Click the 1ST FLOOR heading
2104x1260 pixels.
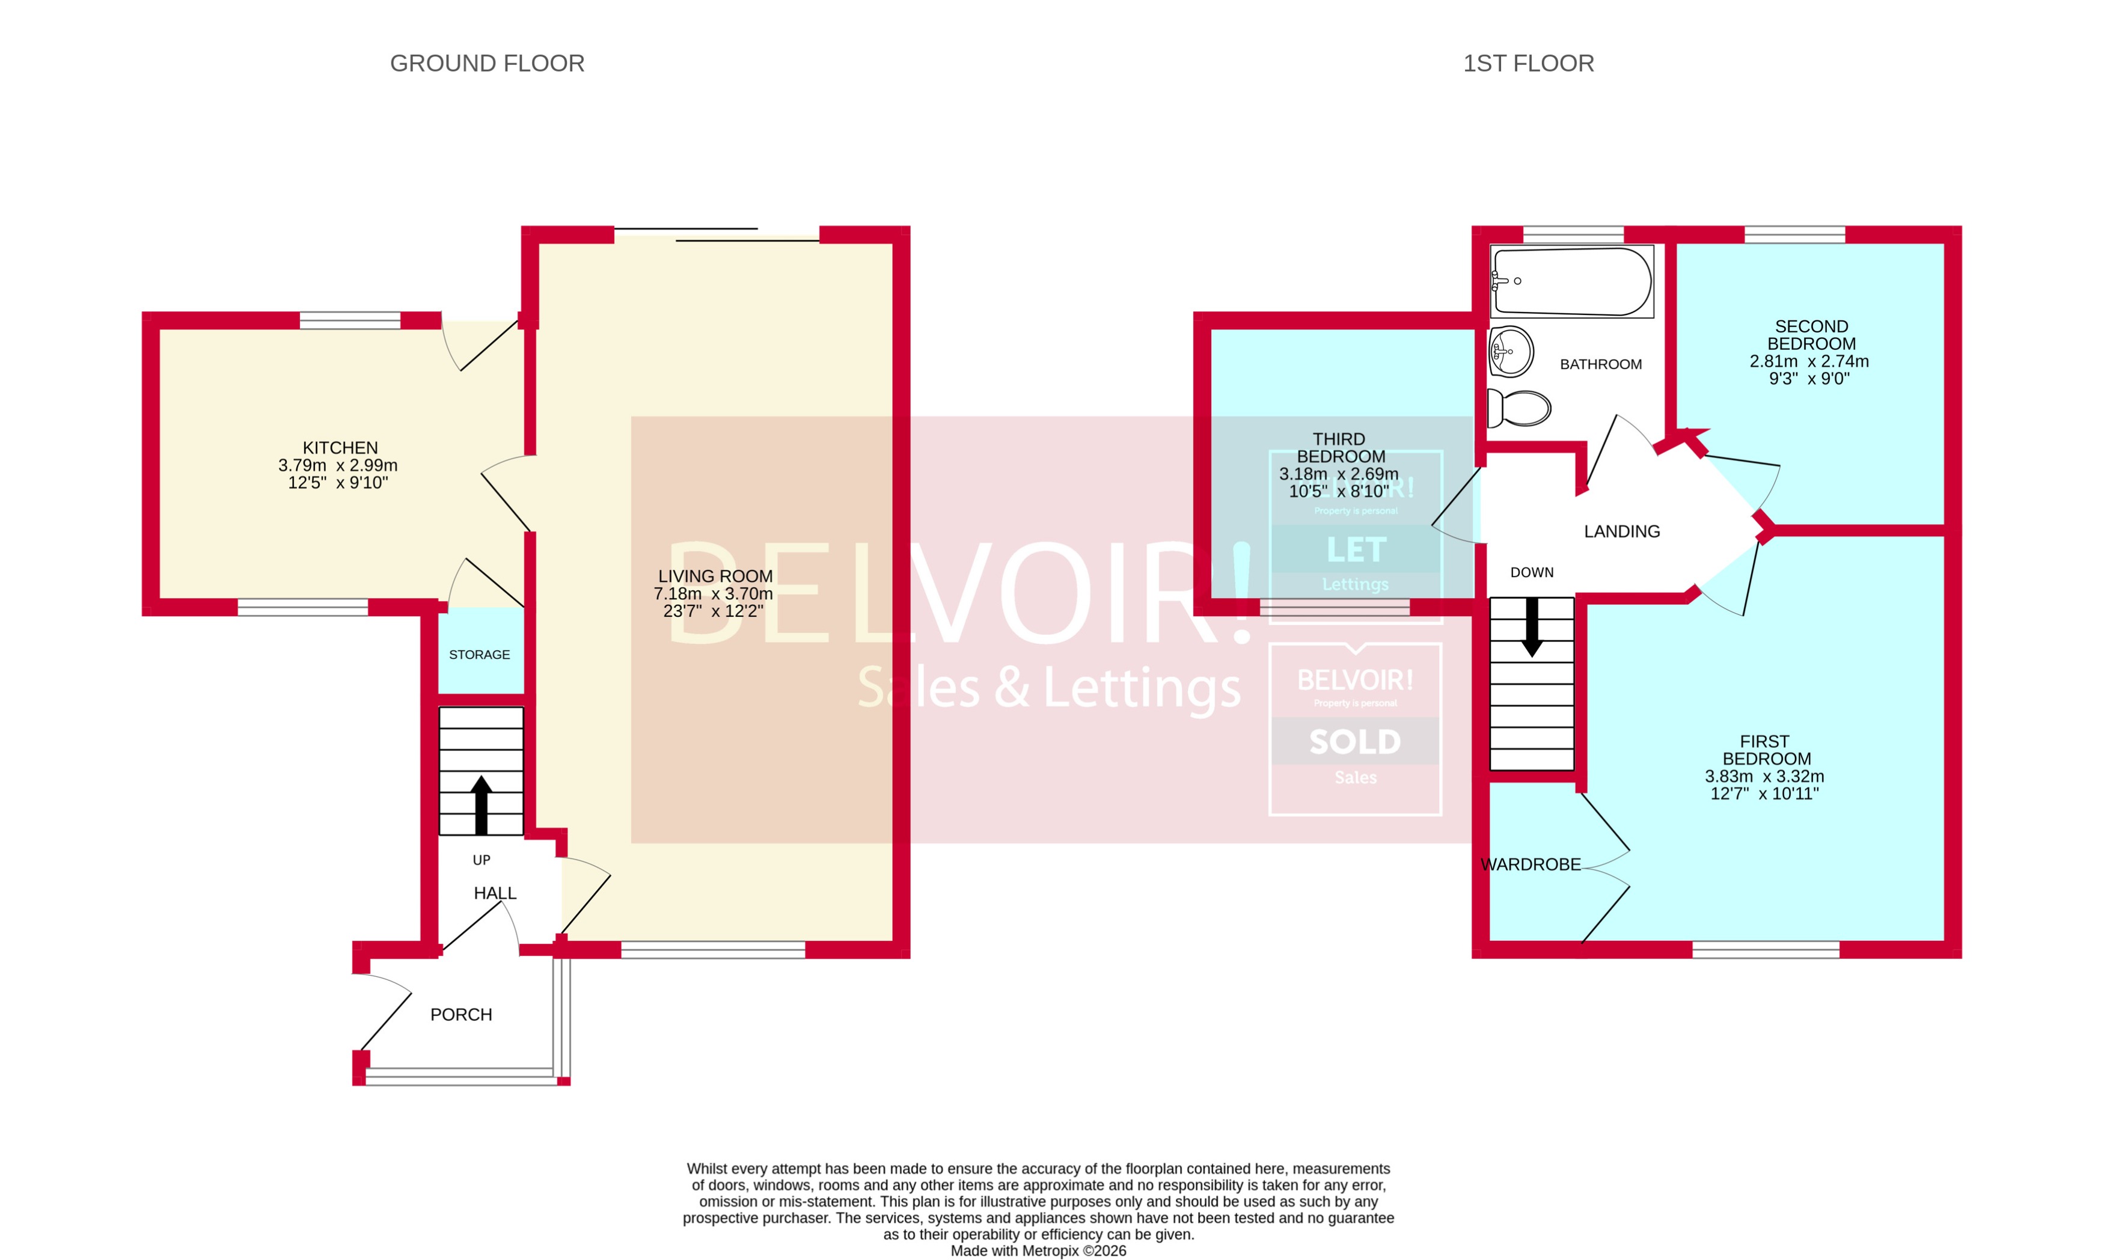1528,64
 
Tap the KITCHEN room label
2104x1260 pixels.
340,447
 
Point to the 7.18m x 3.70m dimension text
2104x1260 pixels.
712,593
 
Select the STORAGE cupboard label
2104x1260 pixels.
479,655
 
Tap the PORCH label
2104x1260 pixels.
460,1015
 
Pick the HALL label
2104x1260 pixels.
494,893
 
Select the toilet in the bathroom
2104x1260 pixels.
1519,408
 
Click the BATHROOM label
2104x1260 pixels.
1600,364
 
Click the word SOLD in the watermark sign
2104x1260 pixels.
1354,742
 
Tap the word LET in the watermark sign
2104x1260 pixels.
1356,550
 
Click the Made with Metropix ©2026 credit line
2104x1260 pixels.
1038,1250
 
